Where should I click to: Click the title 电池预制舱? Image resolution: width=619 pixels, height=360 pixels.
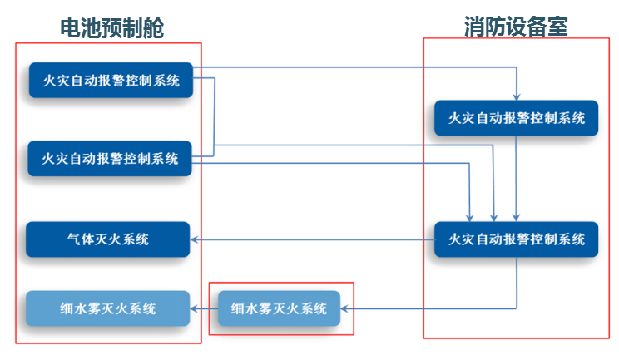tap(111, 27)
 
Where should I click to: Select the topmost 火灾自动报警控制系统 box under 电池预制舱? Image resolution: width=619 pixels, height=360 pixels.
tap(111, 81)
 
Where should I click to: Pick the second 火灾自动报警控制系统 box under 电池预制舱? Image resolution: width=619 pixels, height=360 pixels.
tap(111, 158)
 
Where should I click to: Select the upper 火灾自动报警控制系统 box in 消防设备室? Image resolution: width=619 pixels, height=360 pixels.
tap(516, 118)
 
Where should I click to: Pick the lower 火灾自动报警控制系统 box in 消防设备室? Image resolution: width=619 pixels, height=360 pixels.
tap(516, 239)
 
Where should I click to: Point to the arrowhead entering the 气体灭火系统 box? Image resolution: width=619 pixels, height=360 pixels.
tap(198, 239)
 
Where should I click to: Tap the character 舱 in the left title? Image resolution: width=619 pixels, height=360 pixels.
tap(152, 27)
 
